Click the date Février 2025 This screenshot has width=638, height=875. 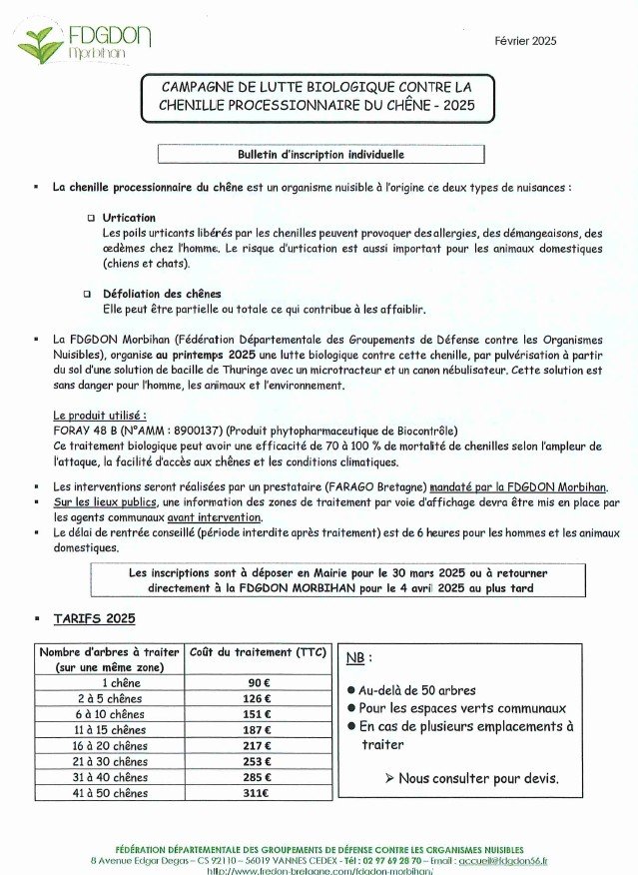(525, 41)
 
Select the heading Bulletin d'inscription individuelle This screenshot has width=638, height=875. (320, 155)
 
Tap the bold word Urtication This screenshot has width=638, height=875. (129, 217)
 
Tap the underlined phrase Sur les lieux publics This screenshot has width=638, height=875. (105, 502)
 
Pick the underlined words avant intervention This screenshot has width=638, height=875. (215, 517)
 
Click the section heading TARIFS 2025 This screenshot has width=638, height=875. (94, 618)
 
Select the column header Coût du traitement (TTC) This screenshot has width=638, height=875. (258, 652)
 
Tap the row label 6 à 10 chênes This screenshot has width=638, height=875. (110, 714)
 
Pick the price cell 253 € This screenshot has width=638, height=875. (258, 761)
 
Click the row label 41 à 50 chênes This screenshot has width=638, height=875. (110, 793)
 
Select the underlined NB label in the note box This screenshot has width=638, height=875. (356, 657)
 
